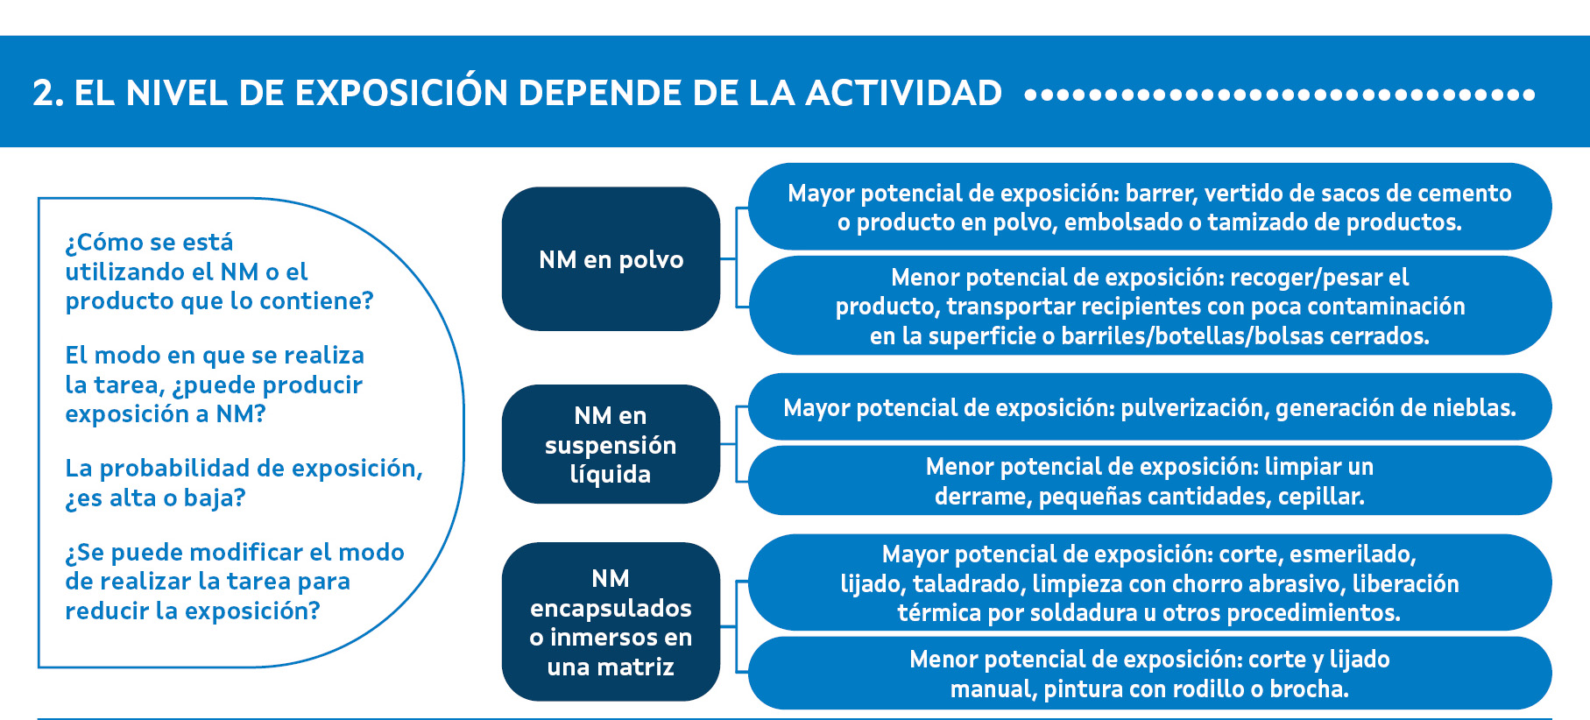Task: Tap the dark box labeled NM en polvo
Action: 611,258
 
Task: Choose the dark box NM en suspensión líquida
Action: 611,444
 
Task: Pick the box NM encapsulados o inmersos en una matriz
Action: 611,622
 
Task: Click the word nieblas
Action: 1477,408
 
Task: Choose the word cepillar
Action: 1321,497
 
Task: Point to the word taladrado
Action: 968,584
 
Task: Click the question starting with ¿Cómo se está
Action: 219,272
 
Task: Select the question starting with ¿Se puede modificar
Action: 235,582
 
